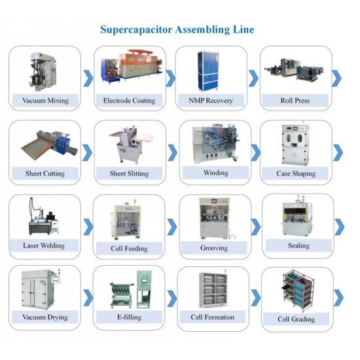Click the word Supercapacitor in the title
(x=136, y=30)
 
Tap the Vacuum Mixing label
(x=45, y=101)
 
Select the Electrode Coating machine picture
(x=132, y=67)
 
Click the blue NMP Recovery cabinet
(x=208, y=71)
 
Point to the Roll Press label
(x=295, y=101)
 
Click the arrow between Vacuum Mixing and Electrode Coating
(x=88, y=79)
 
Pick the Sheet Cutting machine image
(x=50, y=145)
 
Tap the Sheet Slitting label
(x=129, y=173)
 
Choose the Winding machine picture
(x=215, y=144)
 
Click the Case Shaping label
(x=296, y=173)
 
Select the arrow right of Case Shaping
(x=338, y=153)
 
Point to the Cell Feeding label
(x=129, y=249)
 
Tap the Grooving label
(x=214, y=248)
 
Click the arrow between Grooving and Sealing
(x=256, y=227)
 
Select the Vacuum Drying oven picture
(x=41, y=289)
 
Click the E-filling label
(x=129, y=317)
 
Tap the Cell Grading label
(x=296, y=319)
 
